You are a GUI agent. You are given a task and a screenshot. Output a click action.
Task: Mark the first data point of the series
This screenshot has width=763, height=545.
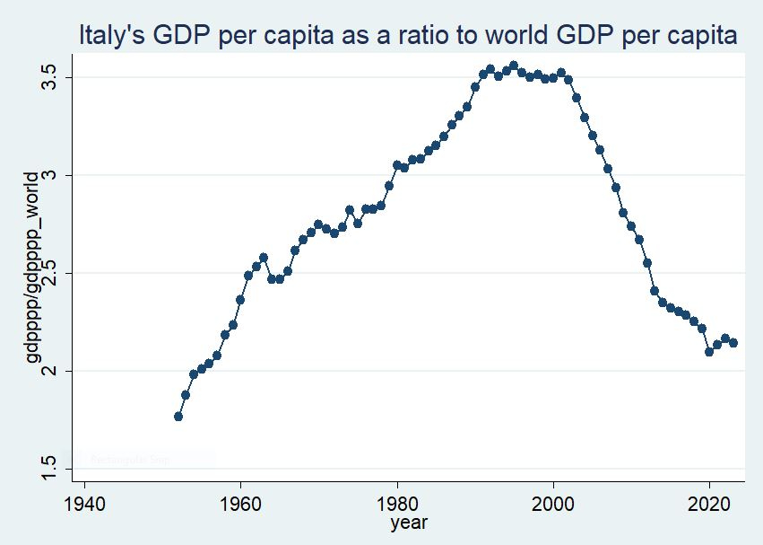[178, 417]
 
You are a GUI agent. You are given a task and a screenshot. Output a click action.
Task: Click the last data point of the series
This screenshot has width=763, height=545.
[733, 343]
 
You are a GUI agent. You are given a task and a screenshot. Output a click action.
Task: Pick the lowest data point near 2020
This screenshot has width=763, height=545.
[709, 352]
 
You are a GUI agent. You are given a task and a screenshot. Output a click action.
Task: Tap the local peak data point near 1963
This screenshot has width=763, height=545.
[264, 258]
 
